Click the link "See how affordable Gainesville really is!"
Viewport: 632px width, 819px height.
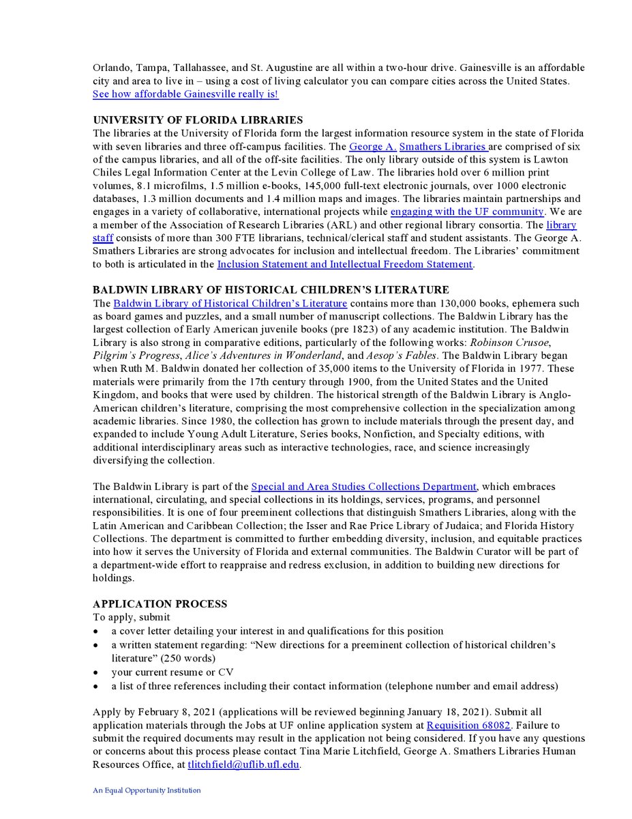[x=185, y=94]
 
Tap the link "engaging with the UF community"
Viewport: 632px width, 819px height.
[x=467, y=212]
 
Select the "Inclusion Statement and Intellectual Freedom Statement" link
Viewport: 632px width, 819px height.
[x=344, y=264]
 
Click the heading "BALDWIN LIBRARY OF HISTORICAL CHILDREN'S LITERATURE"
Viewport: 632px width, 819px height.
[x=271, y=290]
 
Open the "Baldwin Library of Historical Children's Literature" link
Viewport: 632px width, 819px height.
[x=230, y=303]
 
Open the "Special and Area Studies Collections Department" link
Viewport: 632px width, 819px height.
[x=363, y=487]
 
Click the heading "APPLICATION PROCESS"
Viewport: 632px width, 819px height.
[x=160, y=604]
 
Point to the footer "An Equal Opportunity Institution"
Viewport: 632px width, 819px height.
[x=147, y=790]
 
